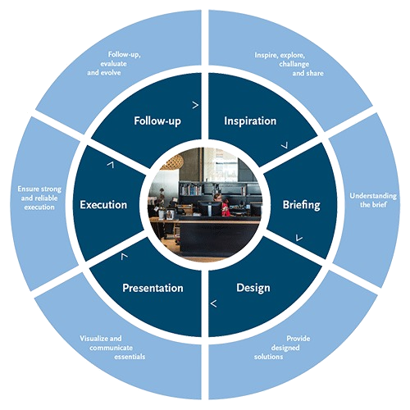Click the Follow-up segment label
[157, 121]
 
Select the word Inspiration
[250, 121]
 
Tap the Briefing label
[301, 205]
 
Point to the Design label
[253, 288]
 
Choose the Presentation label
[153, 288]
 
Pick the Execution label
[103, 205]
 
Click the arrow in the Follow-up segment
[195, 105]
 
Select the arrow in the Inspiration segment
[285, 145]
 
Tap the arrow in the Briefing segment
[299, 238]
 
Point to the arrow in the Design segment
[214, 303]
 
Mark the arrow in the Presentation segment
[125, 256]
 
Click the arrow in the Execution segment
[111, 165]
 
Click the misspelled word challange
[294, 64]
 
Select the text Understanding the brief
[373, 200]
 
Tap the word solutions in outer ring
[268, 357]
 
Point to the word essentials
[130, 357]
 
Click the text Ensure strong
[39, 189]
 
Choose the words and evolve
[104, 73]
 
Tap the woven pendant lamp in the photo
[171, 162]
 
